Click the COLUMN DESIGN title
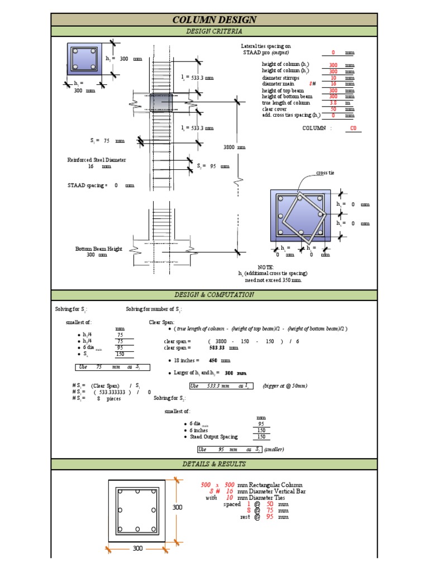point(214,20)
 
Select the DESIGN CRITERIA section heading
point(214,32)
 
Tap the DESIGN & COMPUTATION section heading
point(214,295)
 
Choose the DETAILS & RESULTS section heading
point(214,464)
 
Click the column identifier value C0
point(352,128)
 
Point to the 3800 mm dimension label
point(234,147)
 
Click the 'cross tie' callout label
point(325,173)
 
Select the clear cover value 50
point(333,109)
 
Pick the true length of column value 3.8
point(333,103)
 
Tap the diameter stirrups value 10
point(333,78)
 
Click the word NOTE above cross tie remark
point(265,268)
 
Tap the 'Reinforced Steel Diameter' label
point(97,160)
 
